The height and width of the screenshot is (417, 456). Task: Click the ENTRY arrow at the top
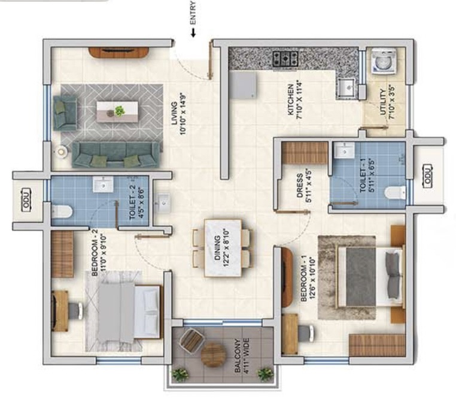tap(193, 32)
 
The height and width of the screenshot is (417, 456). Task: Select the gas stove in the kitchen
tap(285, 59)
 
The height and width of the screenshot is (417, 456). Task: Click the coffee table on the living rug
tap(117, 111)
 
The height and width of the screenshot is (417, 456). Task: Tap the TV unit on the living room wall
tap(118, 53)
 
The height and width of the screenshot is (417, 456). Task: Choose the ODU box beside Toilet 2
tap(26, 200)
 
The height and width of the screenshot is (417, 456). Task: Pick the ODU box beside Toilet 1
tap(427, 176)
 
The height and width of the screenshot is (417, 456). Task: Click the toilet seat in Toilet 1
tap(395, 193)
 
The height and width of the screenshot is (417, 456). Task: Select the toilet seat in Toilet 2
tap(62, 211)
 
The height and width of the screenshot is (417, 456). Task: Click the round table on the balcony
tap(214, 355)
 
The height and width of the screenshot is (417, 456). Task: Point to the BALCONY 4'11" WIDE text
tap(242, 355)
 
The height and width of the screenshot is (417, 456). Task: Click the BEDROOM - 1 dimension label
tap(308, 279)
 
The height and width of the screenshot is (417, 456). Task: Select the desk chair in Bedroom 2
tap(75, 311)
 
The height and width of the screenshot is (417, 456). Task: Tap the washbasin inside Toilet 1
tap(344, 150)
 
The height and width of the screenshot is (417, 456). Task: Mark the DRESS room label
tap(304, 186)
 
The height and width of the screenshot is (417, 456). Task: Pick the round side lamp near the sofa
tap(62, 152)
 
